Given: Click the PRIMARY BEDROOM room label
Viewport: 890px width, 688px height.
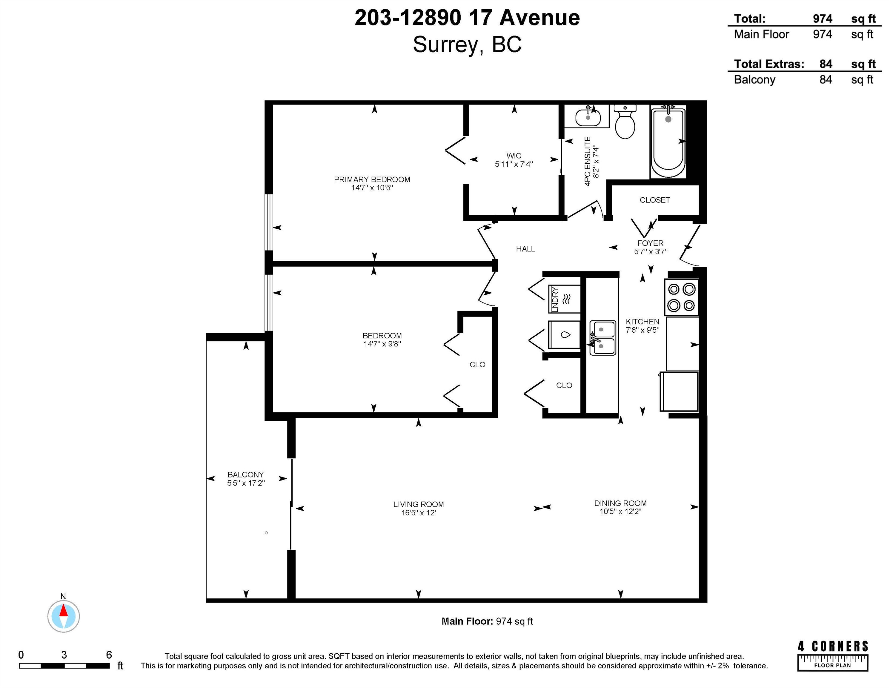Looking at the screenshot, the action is coord(372,179).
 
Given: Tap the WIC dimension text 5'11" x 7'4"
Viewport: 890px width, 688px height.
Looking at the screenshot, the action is coord(514,164).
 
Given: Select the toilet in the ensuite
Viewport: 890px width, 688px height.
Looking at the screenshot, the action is coord(625,122).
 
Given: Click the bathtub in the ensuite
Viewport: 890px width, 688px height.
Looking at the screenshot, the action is coord(668,141).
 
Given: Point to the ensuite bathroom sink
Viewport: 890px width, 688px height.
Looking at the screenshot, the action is coord(588,117).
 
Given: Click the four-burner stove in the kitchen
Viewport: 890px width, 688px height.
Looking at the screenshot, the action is coord(681,297).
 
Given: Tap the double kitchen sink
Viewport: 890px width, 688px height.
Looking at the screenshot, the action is coord(603,337).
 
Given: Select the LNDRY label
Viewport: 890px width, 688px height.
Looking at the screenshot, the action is coord(555,300).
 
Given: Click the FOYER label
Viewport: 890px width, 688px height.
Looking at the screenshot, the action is coord(650,243).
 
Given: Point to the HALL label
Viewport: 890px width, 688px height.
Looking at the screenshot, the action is coord(525,249).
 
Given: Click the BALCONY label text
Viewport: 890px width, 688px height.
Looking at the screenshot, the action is coord(245,474).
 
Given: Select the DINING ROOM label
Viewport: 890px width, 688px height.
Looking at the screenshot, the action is coord(620,503).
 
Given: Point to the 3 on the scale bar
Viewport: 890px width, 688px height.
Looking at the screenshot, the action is coord(64,655).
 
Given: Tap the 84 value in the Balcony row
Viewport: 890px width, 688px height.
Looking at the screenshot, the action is coord(826,79).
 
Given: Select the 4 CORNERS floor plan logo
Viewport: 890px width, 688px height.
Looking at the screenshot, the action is coord(833,656).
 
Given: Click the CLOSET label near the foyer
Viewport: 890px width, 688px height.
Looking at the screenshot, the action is coord(654,200).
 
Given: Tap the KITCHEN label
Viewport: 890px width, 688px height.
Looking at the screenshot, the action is coord(642,322).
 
